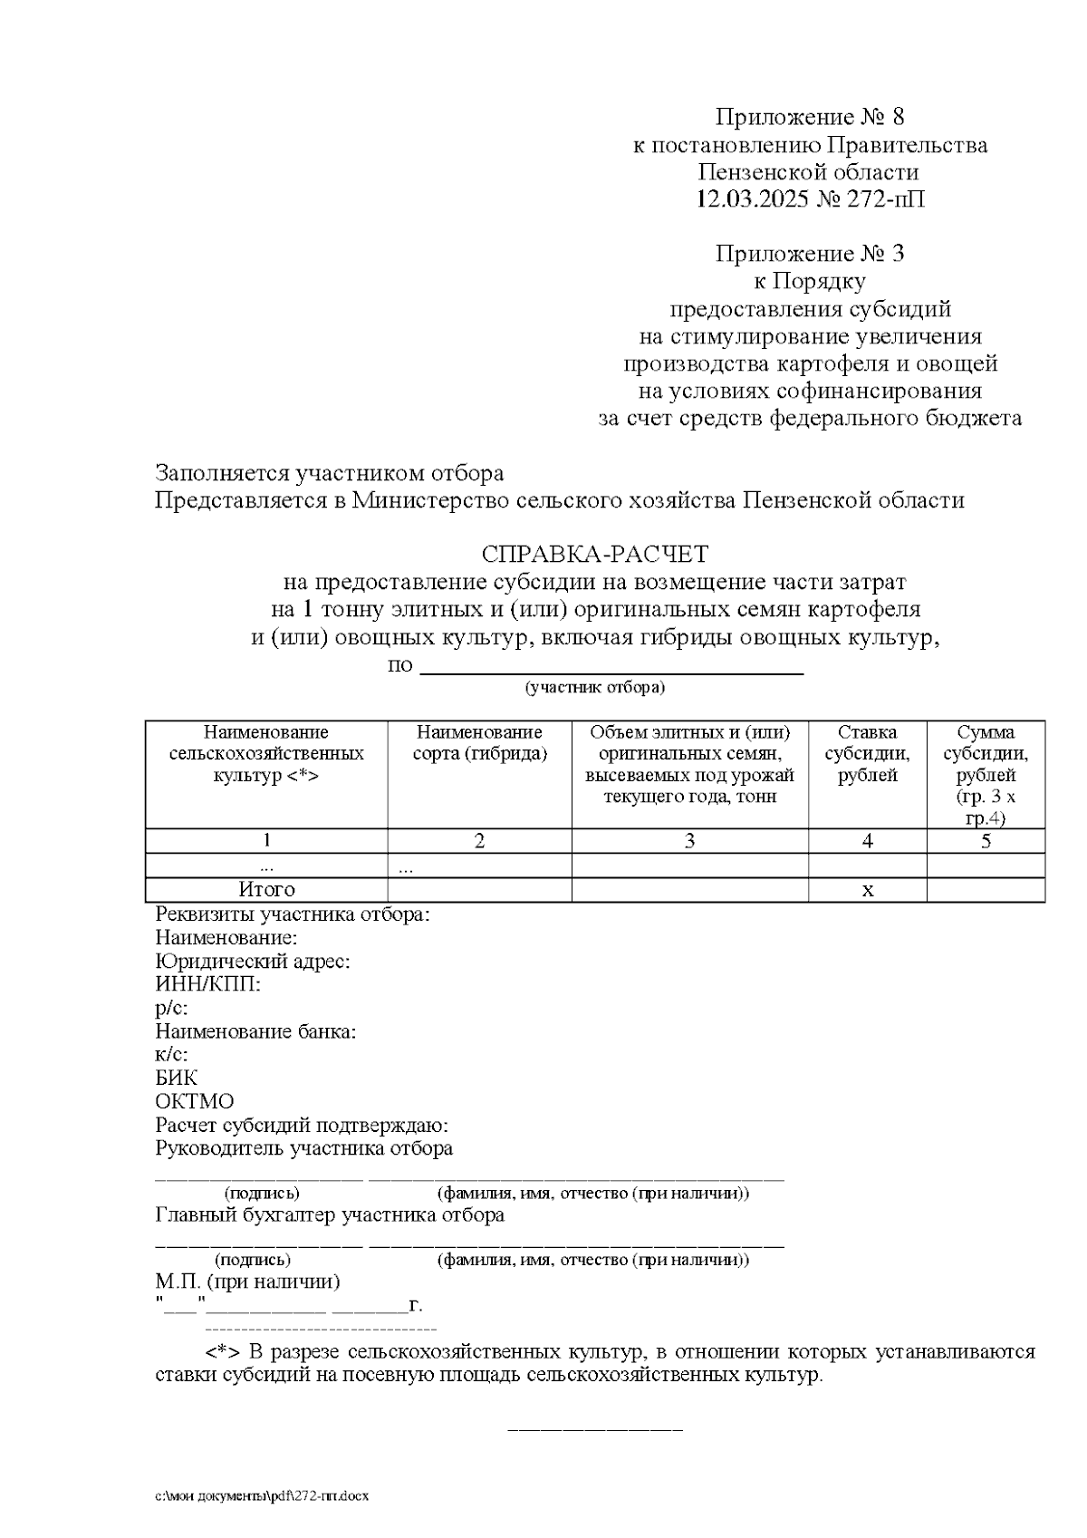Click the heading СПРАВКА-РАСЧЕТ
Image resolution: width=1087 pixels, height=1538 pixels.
coord(595,553)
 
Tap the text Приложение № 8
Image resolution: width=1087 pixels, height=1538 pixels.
coord(810,117)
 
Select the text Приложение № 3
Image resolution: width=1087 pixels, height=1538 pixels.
coord(810,254)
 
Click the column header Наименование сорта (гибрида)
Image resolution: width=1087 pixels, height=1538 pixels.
coord(479,743)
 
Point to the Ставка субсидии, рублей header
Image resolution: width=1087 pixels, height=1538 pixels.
coord(867,754)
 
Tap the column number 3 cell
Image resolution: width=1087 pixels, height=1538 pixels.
coord(689,841)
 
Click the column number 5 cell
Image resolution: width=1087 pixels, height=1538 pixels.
coord(986,841)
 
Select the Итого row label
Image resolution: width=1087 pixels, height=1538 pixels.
coord(266,890)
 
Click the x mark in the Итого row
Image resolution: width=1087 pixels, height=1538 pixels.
coord(867,890)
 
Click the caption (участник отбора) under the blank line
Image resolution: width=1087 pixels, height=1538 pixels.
coord(595,687)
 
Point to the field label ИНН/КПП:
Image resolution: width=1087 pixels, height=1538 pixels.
coord(208,984)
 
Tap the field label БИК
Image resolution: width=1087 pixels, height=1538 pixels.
coord(177,1079)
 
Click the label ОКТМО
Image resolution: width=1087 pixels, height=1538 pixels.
coord(195,1102)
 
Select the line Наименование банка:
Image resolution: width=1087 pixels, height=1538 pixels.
coord(256,1031)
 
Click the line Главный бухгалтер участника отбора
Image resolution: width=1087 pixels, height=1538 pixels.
coord(330,1215)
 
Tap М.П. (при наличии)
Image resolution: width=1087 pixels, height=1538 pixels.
coord(248,1282)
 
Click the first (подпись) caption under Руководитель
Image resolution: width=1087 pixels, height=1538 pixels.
coord(262,1194)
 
